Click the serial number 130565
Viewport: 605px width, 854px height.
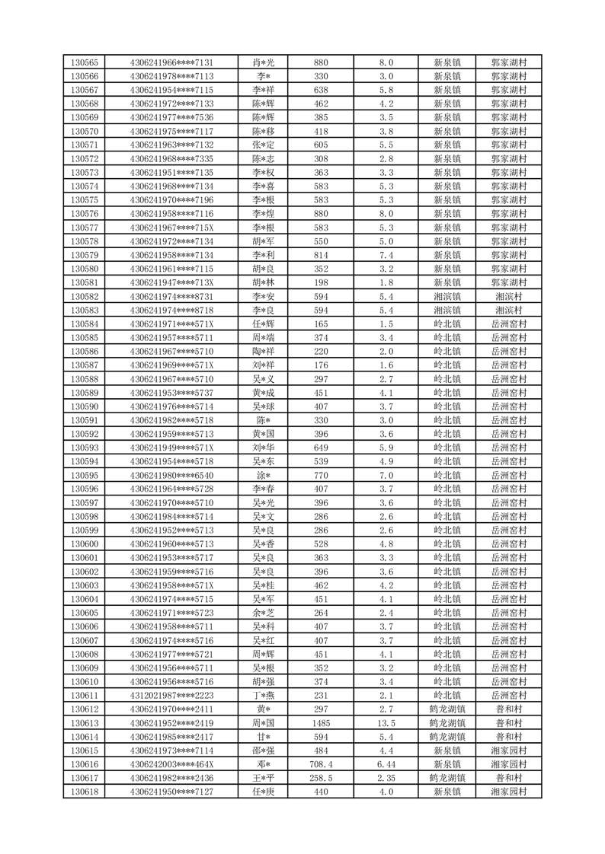[x=84, y=62]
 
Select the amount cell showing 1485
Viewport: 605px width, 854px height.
[x=321, y=723]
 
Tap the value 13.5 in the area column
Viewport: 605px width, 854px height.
[x=386, y=723]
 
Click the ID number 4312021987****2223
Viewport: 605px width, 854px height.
[x=171, y=696]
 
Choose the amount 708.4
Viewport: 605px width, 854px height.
[x=321, y=764]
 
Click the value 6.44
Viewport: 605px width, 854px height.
[x=386, y=764]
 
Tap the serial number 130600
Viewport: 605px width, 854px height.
[x=84, y=544]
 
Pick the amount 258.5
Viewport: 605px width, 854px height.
[x=321, y=778]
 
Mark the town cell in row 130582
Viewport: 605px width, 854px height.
[x=447, y=296]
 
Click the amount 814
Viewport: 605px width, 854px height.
[x=321, y=255]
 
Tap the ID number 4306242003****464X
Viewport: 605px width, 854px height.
[x=171, y=764]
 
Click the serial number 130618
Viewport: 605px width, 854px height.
[x=84, y=792]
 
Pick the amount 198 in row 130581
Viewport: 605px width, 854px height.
[x=321, y=282]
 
